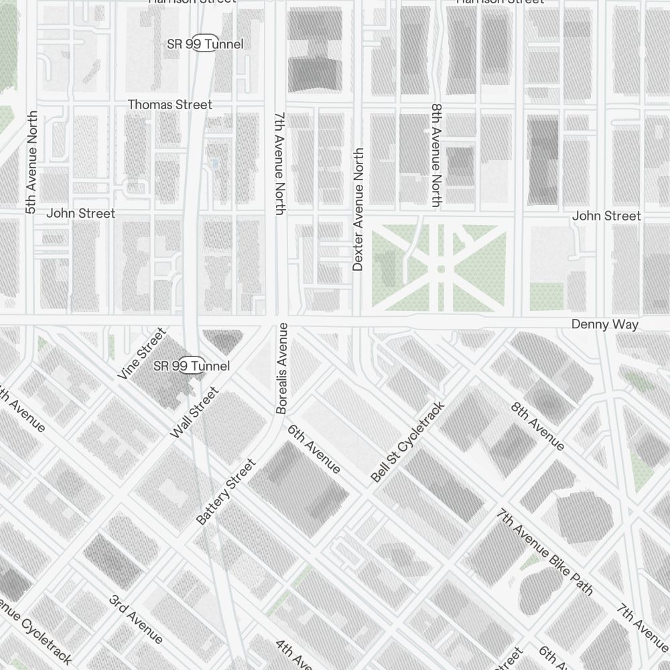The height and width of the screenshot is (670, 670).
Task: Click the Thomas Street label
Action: (x=170, y=105)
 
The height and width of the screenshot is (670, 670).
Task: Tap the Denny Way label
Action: (x=604, y=324)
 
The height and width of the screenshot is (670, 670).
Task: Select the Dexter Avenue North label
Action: (x=358, y=210)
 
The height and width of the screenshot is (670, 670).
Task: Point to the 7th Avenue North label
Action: (x=280, y=163)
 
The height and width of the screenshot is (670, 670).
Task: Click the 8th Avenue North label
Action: (x=437, y=155)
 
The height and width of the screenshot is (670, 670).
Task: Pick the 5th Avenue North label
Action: (x=30, y=163)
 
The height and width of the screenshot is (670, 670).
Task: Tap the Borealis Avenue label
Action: (x=282, y=368)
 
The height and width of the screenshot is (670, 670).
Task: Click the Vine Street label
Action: (x=141, y=354)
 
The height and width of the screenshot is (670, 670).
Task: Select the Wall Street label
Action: (x=194, y=413)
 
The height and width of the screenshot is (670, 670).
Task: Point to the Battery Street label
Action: (x=226, y=492)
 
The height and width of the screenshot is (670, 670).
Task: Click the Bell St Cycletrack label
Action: (x=407, y=442)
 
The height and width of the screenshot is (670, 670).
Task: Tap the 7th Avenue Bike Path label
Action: (x=545, y=551)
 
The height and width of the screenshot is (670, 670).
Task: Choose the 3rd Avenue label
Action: (x=135, y=618)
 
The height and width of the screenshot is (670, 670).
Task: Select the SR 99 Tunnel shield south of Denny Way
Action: (x=192, y=366)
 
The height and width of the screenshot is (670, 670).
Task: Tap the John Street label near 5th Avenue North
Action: (x=80, y=213)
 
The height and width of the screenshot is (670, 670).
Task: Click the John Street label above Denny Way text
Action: (x=606, y=216)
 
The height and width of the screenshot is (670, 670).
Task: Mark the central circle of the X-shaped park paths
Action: (x=440, y=269)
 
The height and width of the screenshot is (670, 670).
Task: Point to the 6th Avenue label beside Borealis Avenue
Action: (x=314, y=448)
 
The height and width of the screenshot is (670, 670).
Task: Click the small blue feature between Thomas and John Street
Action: (x=214, y=163)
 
